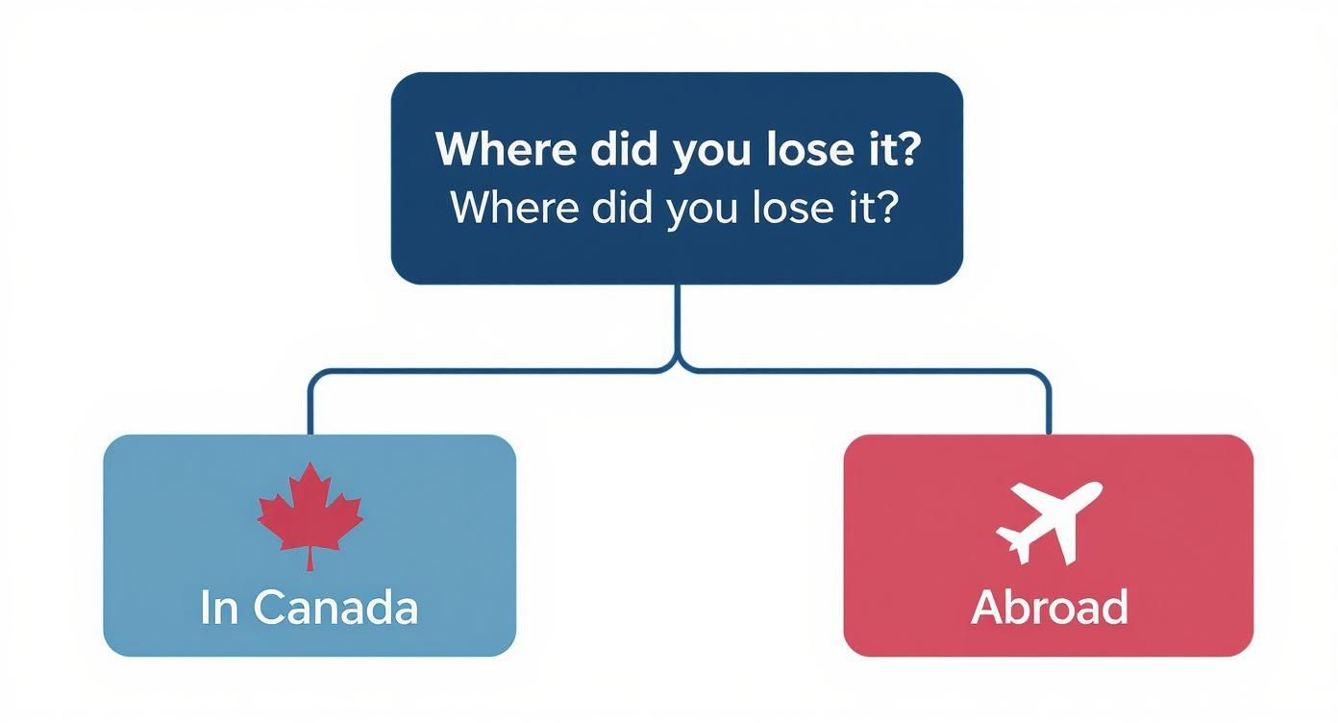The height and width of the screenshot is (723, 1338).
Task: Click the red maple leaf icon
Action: coord(310,511)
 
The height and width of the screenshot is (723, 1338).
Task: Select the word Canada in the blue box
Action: coord(336,608)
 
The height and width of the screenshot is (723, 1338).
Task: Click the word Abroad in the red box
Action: coord(1049,608)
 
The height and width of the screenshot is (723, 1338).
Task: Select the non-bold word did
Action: coord(626,207)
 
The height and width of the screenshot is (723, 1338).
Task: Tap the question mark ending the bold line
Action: coord(905,151)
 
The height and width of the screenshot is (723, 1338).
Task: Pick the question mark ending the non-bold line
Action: coord(885,207)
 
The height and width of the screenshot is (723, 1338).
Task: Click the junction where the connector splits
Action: coord(678,366)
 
